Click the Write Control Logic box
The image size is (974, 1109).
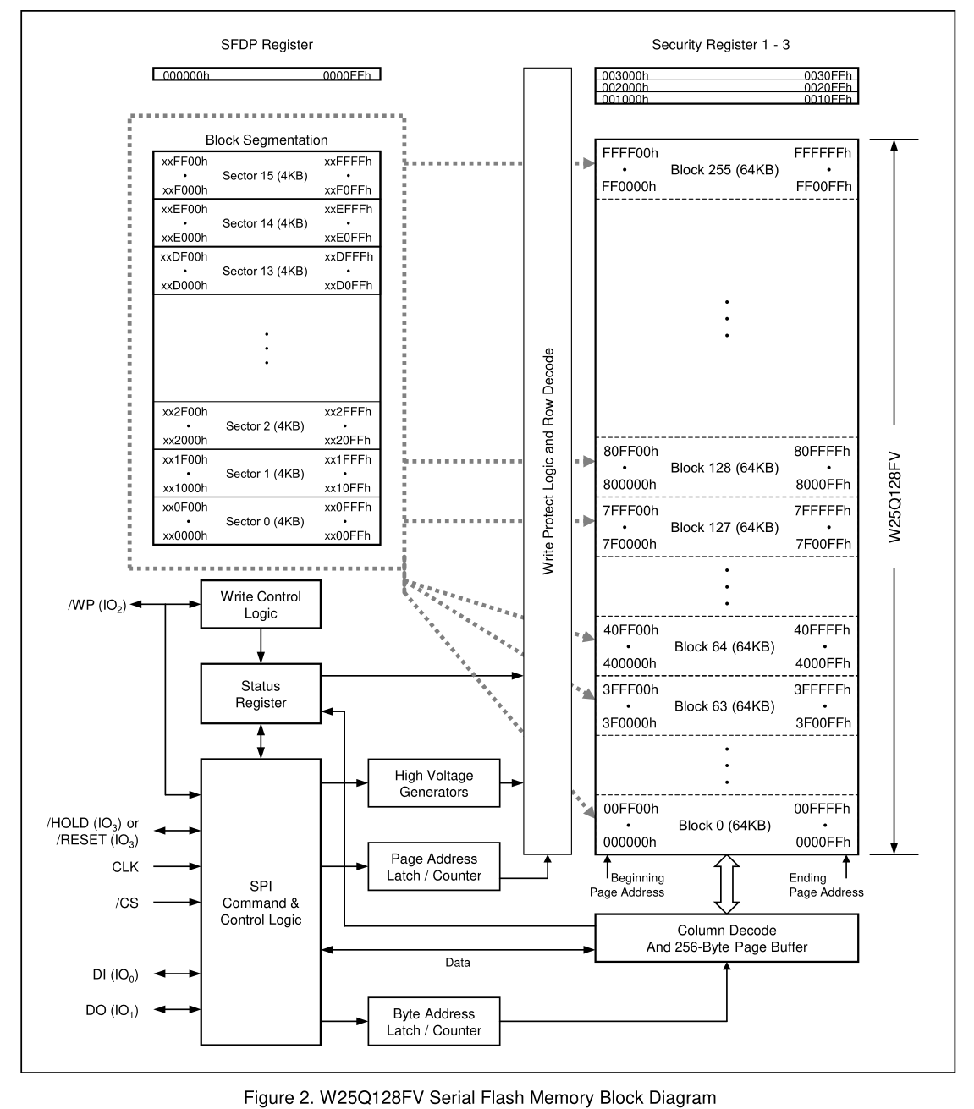(x=261, y=604)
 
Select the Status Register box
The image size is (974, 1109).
(x=261, y=694)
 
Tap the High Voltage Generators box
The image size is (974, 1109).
(x=433, y=783)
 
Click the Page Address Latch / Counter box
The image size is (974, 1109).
(x=433, y=866)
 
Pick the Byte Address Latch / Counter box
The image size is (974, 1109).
(x=433, y=1021)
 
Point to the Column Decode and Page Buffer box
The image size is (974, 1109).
(x=726, y=938)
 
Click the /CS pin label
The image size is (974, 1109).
(x=127, y=903)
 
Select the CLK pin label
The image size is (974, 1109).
(x=125, y=866)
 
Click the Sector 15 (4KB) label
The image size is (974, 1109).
(x=265, y=176)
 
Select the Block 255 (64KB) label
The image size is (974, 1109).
(x=724, y=170)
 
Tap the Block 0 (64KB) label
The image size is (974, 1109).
(x=724, y=826)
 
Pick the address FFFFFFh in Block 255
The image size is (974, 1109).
(x=823, y=153)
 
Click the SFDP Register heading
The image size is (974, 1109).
(x=267, y=45)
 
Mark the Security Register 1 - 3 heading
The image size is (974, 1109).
(x=720, y=45)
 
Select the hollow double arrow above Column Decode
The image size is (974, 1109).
(x=726, y=884)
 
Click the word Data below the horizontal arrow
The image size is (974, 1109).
(x=458, y=963)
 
